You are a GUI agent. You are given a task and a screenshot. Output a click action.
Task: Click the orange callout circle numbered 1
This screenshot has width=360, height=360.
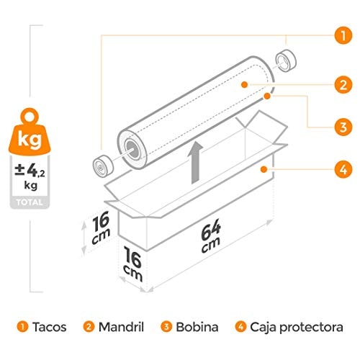click(343, 35)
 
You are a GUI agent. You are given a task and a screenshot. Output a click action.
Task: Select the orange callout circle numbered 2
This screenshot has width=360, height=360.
click(343, 85)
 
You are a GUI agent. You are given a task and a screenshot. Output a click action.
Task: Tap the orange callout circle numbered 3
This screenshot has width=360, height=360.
click(343, 127)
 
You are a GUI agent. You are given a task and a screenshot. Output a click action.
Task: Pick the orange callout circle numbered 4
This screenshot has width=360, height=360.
click(343, 169)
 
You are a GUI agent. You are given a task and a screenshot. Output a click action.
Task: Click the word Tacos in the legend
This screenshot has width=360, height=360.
click(50, 327)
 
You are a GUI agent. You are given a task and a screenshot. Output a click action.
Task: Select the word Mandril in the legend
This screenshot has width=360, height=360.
click(121, 327)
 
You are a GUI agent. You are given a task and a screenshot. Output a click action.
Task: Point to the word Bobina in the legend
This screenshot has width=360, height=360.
click(197, 327)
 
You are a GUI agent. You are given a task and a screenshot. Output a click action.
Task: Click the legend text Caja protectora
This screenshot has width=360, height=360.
click(297, 328)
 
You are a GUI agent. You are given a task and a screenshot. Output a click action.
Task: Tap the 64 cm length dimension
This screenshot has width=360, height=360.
click(211, 235)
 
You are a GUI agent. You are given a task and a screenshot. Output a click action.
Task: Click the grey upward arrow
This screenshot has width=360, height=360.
click(196, 163)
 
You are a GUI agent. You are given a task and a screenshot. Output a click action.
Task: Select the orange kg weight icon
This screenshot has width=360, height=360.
click(30, 132)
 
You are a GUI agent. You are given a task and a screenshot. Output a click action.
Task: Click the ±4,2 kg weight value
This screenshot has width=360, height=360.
click(30, 176)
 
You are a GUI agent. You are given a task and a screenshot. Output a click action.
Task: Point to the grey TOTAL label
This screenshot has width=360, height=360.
click(30, 202)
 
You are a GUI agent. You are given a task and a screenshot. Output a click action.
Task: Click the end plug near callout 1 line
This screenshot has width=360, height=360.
click(286, 60)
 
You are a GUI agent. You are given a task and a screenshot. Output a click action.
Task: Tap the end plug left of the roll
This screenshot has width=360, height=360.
click(103, 166)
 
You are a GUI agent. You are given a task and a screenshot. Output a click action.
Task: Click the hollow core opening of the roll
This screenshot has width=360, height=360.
click(132, 150)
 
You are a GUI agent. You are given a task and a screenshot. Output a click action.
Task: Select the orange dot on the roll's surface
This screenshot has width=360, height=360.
click(245, 84)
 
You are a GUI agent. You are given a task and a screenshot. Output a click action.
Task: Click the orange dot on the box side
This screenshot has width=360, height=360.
click(264, 169)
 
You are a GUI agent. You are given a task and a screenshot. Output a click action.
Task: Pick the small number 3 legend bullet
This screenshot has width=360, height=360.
click(166, 327)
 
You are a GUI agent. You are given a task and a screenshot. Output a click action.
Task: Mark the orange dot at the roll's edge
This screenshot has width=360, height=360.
click(267, 96)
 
